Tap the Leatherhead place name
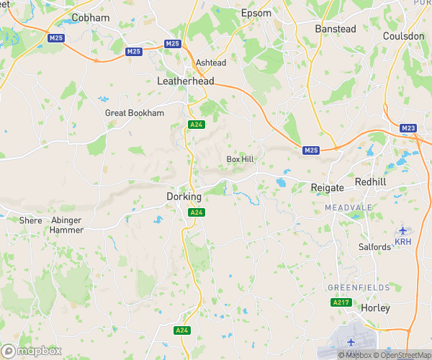coord(186,81)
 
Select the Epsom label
coord(276,13)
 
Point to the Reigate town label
coord(328,187)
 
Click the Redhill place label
coord(371,182)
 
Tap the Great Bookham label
coord(135,113)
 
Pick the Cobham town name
coord(91,17)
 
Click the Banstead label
coord(336,29)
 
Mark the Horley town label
coord(374,308)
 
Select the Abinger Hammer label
coord(68,225)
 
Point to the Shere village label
coord(31,220)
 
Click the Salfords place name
coord(374,247)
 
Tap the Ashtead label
coord(210,63)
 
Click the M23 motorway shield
coord(408,128)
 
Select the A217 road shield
coord(341,303)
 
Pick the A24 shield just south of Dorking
coord(195,212)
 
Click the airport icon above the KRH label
coord(402,230)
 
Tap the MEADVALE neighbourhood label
coord(348,207)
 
